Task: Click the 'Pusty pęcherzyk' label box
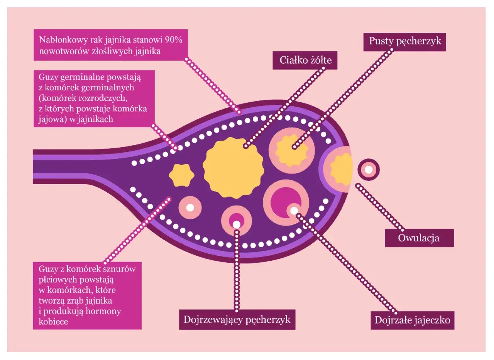[405, 41]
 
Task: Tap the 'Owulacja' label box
[419, 238]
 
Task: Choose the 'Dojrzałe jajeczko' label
[412, 320]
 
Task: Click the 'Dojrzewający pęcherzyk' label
[237, 320]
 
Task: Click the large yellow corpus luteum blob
[233, 168]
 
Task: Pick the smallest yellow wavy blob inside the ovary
[181, 175]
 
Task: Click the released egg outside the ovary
[369, 169]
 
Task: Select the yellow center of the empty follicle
[291, 149]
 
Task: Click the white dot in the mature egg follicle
[294, 211]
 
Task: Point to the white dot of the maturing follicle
[236, 224]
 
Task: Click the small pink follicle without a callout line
[189, 207]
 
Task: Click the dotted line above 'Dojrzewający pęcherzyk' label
[236, 270]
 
